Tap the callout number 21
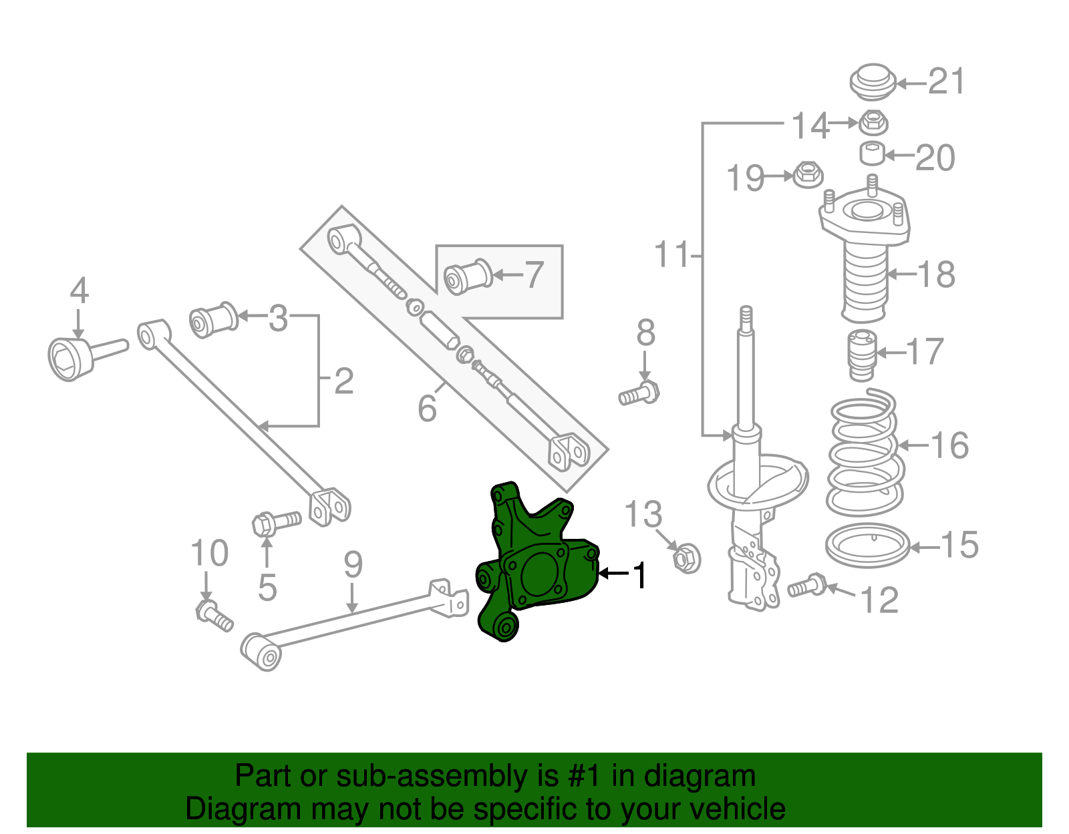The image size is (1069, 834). coord(947,82)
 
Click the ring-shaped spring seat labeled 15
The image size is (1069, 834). coord(867,546)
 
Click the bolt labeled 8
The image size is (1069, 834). coord(639,393)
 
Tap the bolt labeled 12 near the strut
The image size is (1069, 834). coord(807,586)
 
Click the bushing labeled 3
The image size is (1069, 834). coord(213,320)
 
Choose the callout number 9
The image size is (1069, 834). coord(353,566)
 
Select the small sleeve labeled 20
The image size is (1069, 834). coord(871,154)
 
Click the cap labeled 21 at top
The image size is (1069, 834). coord(871,83)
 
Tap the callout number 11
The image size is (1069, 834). coord(671,255)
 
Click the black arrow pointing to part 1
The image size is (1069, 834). coord(613,573)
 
